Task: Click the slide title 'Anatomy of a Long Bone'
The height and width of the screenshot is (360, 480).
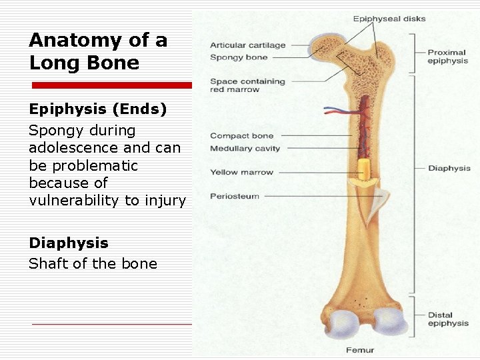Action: point(97,51)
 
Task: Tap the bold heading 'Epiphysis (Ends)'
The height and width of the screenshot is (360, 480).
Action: point(97,109)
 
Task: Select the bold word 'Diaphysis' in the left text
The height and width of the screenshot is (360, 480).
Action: point(68,243)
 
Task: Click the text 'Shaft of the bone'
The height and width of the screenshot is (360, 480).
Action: point(93,263)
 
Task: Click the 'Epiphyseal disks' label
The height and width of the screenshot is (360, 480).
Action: point(389,19)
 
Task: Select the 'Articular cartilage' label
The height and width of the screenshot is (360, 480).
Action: point(247,45)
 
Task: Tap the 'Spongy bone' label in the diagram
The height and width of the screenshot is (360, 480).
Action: point(239,57)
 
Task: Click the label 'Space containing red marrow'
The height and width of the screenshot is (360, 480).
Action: point(247,85)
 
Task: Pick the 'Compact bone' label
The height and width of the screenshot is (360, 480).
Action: point(241,136)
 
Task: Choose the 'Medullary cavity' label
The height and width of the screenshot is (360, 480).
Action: point(245,148)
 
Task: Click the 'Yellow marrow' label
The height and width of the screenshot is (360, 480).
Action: point(241,172)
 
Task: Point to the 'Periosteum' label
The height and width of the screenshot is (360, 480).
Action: point(235,196)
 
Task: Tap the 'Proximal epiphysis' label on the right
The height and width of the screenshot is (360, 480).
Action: point(447,57)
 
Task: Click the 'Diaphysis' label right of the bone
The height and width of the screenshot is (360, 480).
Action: point(449,169)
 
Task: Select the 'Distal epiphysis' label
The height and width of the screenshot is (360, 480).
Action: point(448,319)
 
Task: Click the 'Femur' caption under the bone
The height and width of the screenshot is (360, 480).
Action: point(360,350)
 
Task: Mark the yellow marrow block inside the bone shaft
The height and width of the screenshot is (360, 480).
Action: point(363,172)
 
